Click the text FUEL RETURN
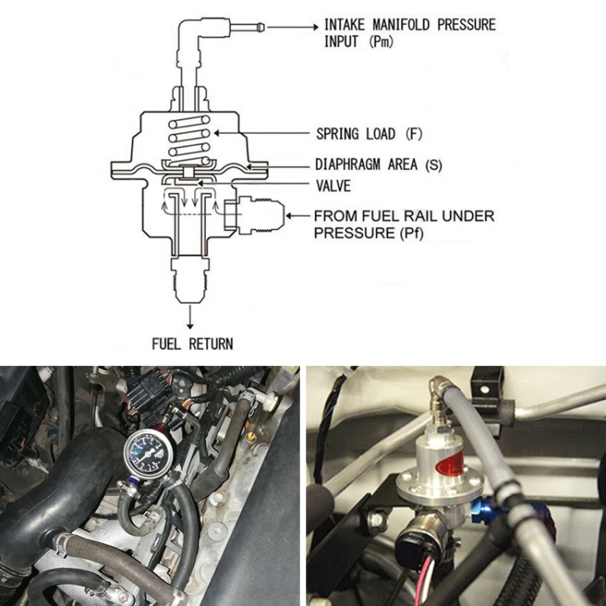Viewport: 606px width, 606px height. (x=192, y=343)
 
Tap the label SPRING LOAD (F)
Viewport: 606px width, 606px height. (x=369, y=134)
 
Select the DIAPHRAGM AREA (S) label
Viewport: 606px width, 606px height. (x=378, y=165)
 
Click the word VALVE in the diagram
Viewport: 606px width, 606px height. (x=334, y=186)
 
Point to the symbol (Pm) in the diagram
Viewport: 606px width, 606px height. (x=381, y=41)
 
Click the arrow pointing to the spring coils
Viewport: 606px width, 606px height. (x=262, y=133)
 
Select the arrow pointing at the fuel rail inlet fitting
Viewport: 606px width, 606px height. (x=298, y=216)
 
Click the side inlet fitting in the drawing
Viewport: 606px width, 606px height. (x=255, y=216)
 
